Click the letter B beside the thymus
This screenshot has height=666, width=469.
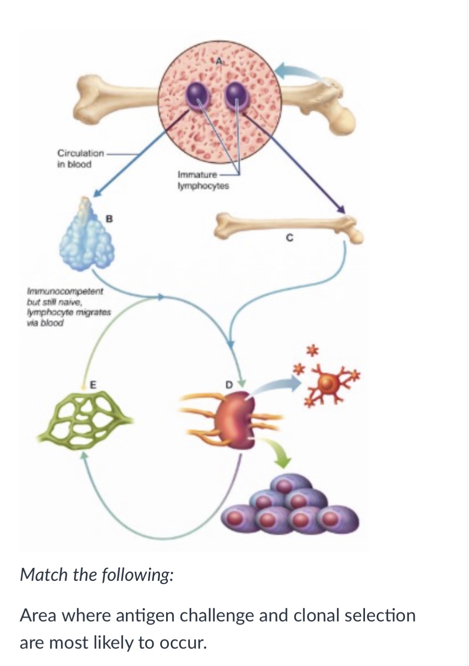point(109,219)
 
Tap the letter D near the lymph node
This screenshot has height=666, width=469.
point(228,385)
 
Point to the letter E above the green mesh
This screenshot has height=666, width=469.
point(93,385)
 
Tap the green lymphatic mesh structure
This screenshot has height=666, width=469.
point(84,419)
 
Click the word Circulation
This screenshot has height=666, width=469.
point(81,153)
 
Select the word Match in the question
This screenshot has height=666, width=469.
point(44,575)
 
